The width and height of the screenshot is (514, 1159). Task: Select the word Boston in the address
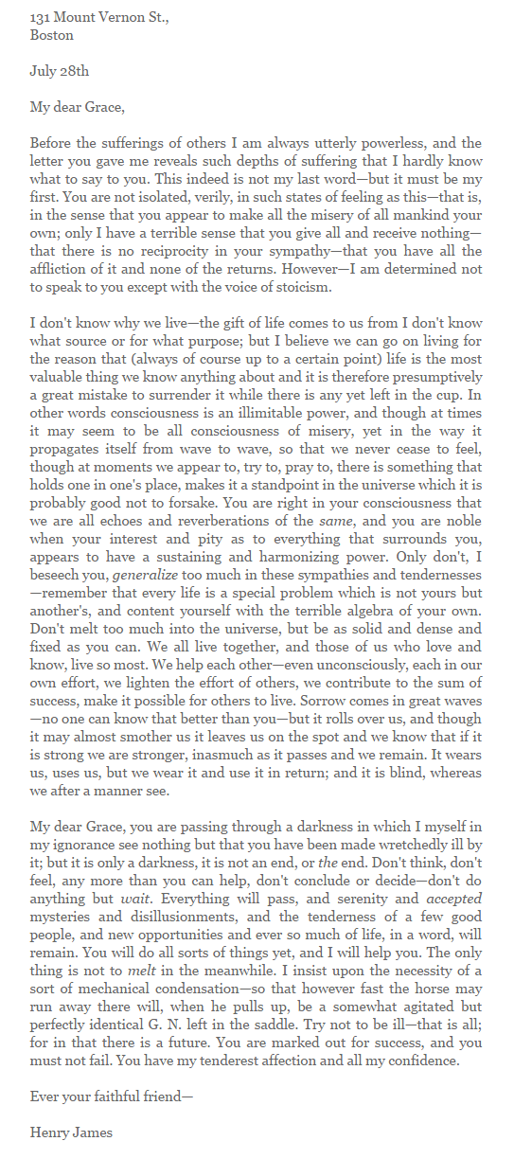point(51,35)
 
